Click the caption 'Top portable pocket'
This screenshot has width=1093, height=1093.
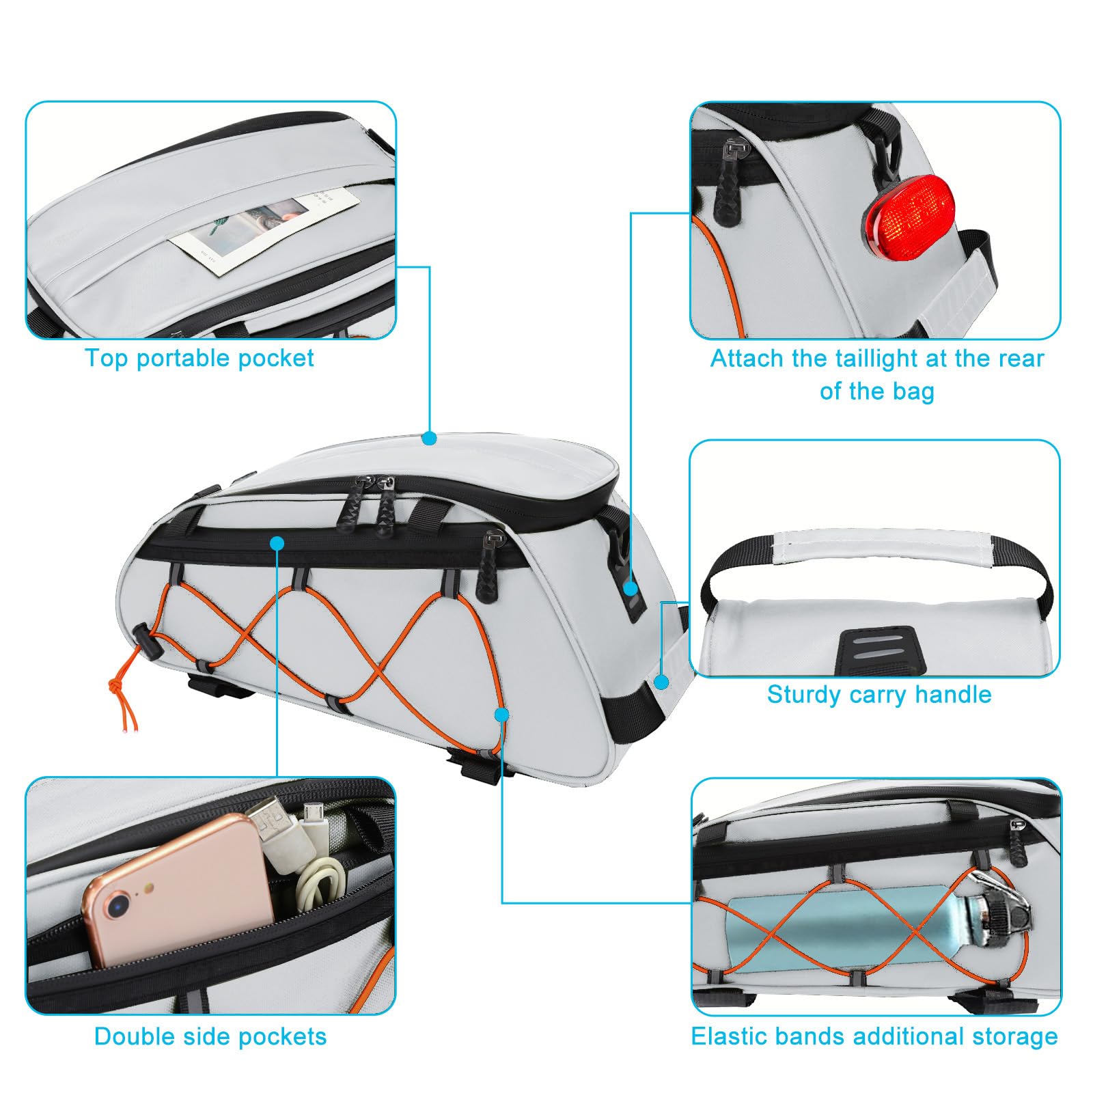coord(199,359)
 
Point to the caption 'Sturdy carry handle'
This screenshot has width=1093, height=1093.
coord(878,695)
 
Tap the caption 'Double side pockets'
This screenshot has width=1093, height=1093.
coord(210,1036)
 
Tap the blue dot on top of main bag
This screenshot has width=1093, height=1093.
coord(429,438)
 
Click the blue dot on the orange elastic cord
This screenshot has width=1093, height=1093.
coord(502,715)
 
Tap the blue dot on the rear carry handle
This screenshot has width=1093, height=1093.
coord(661,681)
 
